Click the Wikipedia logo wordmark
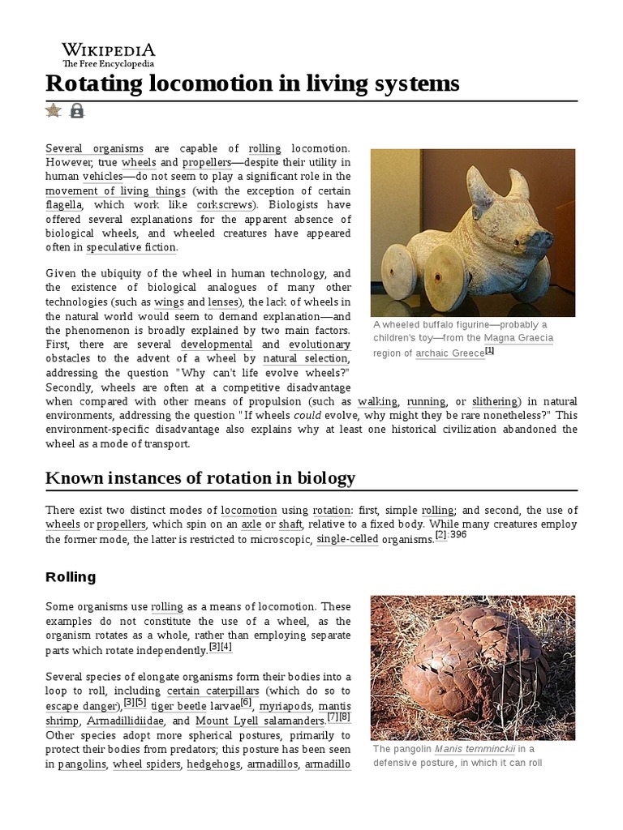[109, 49]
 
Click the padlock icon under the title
[77, 110]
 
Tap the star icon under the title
[54, 110]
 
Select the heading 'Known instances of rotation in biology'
[200, 477]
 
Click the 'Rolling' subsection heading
[71, 577]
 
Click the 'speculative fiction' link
[131, 248]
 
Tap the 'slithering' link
[494, 401]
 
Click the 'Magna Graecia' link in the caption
[519, 338]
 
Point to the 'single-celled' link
[347, 539]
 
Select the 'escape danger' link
[84, 705]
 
